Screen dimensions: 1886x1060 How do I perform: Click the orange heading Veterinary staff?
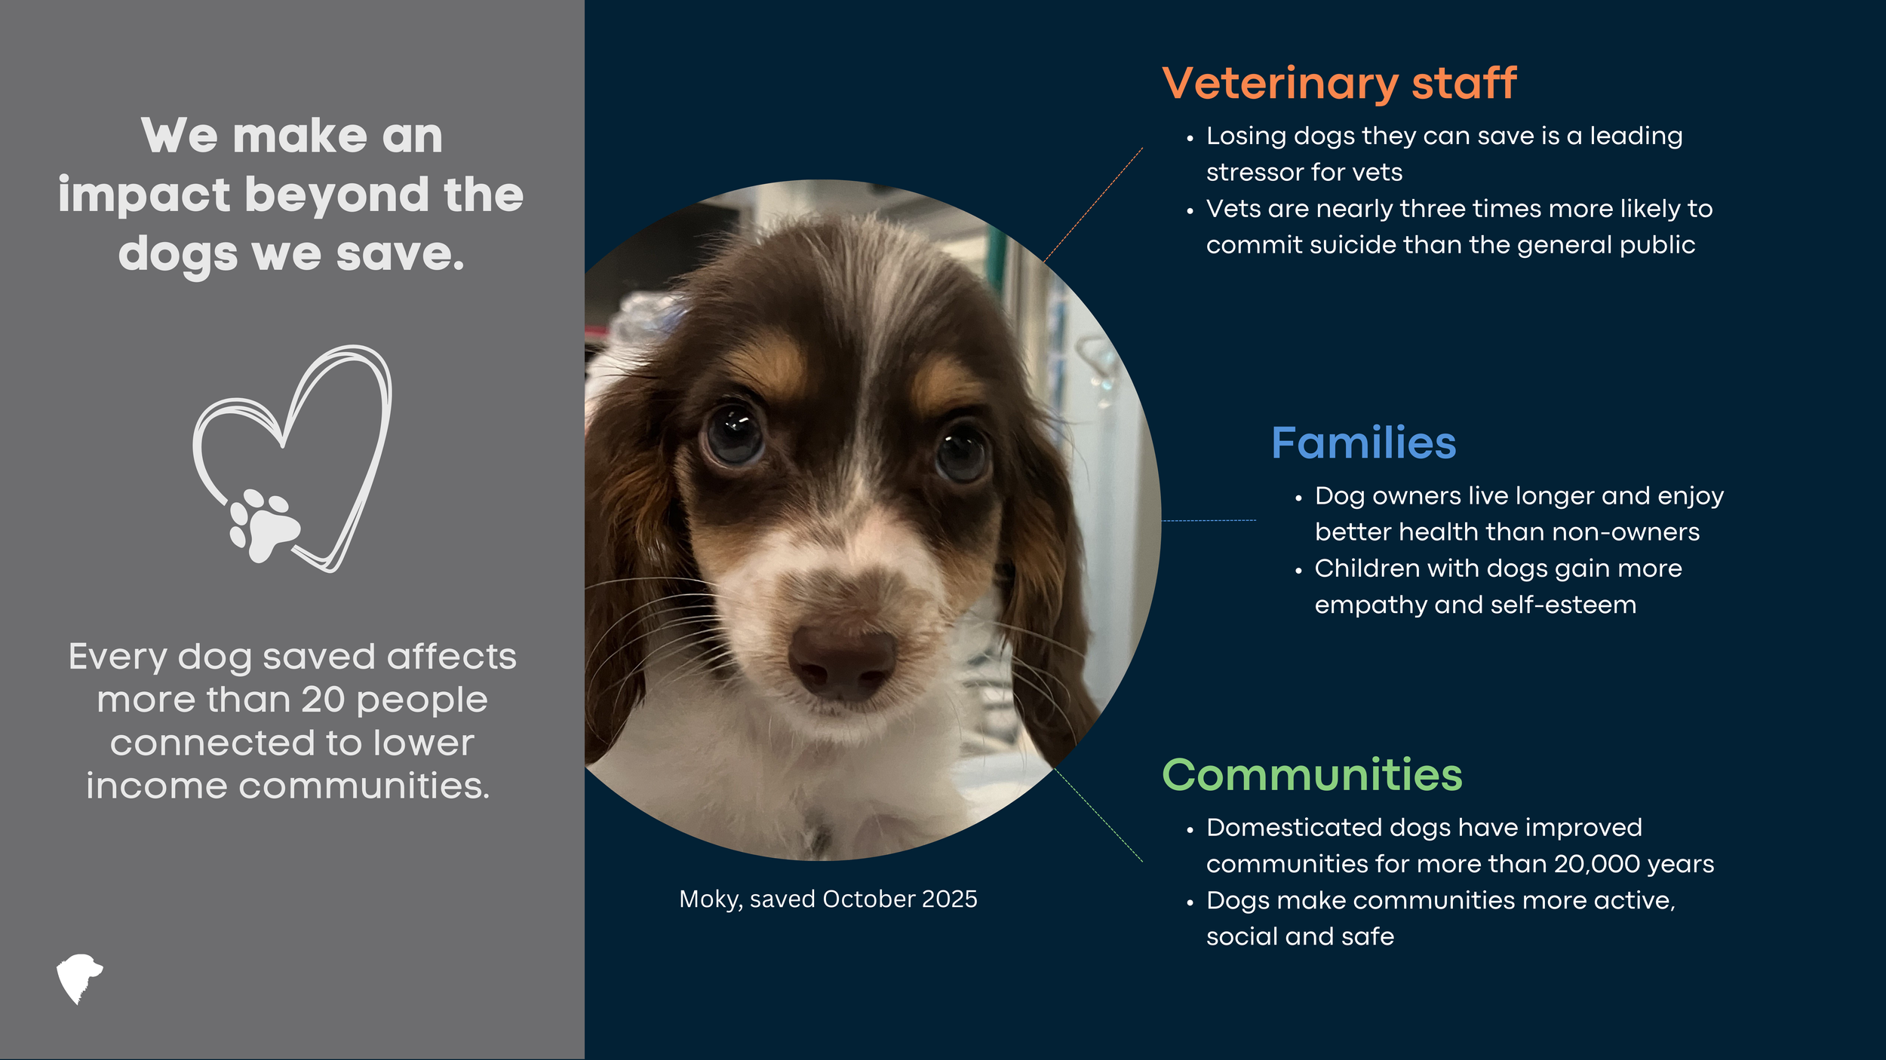(1339, 84)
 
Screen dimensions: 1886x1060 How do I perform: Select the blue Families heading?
(1364, 443)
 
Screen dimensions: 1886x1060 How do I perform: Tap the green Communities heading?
(1312, 775)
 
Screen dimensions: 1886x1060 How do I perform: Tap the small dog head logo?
(79, 979)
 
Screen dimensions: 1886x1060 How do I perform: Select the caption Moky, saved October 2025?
(828, 899)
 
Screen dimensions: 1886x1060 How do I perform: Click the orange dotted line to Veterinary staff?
(1093, 205)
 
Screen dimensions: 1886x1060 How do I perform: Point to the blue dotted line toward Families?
(1209, 520)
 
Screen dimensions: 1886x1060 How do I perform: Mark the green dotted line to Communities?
(1098, 815)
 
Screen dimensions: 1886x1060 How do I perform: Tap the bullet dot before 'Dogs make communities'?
(1190, 903)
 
